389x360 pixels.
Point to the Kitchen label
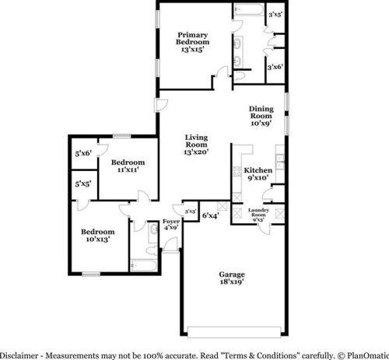(257, 170)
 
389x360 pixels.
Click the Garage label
(232, 275)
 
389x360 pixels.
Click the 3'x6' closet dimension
(274, 68)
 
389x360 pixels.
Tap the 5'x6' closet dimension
(82, 152)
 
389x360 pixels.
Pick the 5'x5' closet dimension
(82, 184)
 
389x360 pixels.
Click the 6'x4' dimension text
(210, 215)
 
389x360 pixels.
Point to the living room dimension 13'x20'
(196, 151)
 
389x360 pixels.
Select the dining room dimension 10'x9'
(261, 122)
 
